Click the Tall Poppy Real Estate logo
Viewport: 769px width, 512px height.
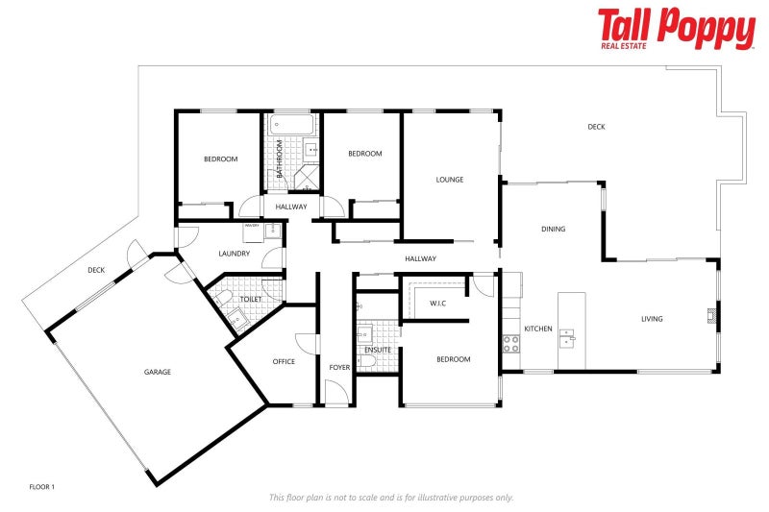(676, 29)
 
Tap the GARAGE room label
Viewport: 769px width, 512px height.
(158, 372)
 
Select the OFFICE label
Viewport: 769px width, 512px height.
(284, 361)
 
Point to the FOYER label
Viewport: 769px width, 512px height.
(339, 367)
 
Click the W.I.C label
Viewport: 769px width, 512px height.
(438, 304)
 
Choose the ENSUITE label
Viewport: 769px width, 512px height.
(378, 350)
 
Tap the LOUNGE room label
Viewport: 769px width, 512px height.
(450, 180)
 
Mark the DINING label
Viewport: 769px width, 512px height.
(553, 229)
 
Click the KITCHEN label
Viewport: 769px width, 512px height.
(538, 329)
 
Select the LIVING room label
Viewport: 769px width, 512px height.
(653, 319)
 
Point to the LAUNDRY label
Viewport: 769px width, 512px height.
(234, 254)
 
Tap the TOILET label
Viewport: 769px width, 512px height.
(251, 300)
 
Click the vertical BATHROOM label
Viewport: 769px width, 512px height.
(280, 159)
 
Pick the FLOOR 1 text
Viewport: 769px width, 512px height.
(42, 487)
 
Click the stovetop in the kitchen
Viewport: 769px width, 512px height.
(510, 343)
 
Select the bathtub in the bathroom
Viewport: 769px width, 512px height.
(291, 125)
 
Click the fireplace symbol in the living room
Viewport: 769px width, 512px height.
(712, 314)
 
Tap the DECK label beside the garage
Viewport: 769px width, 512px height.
(96, 270)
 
